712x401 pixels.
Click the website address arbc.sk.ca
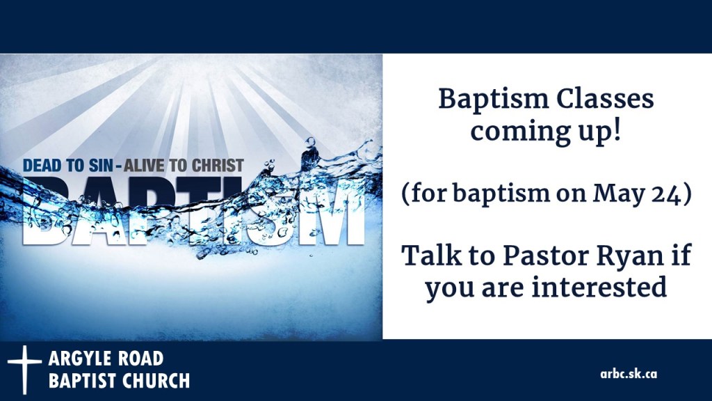(629, 373)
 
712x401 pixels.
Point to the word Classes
(607, 100)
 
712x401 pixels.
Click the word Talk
(431, 255)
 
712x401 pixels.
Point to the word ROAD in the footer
(142, 359)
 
